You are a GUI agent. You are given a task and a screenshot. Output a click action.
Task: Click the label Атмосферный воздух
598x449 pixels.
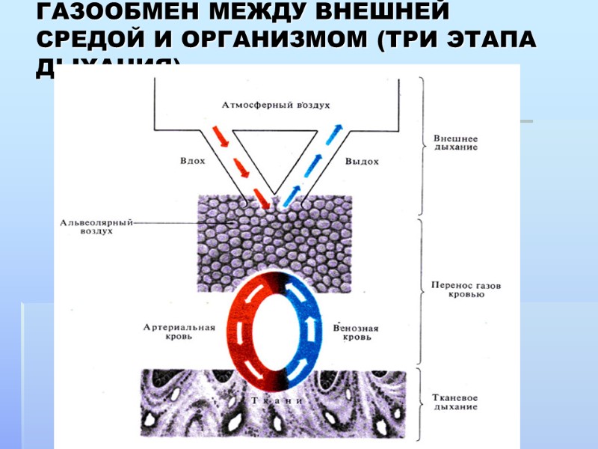276,106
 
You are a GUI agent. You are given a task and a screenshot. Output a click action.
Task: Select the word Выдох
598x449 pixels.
362,161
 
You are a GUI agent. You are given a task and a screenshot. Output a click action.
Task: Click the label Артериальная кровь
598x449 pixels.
179,332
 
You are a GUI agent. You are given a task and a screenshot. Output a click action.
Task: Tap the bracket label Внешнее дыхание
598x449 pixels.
456,143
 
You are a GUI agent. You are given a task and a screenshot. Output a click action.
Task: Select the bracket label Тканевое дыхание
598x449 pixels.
455,403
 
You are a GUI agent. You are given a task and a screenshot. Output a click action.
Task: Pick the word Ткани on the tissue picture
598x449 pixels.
274,400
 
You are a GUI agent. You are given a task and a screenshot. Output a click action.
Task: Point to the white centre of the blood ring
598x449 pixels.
274,329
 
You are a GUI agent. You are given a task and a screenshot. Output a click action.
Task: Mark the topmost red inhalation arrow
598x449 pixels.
220,135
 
